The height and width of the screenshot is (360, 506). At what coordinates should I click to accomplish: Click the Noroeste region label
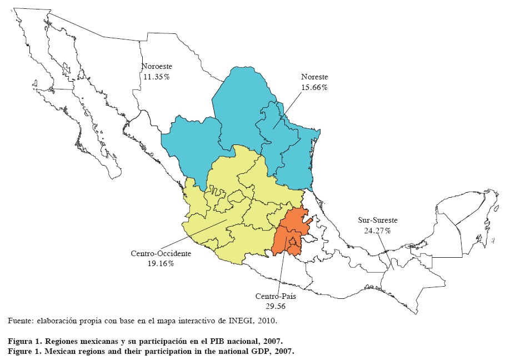click(x=156, y=67)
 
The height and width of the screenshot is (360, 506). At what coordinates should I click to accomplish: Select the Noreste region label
click(x=314, y=77)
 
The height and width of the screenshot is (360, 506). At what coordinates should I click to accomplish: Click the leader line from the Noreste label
click(x=288, y=110)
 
